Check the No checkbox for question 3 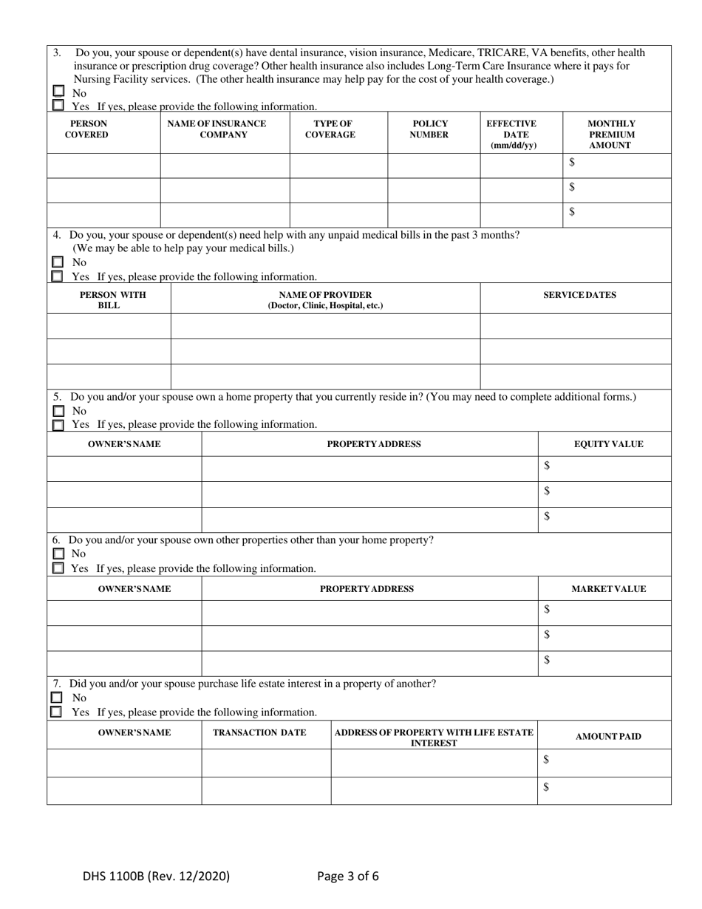58,92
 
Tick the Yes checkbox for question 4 57,276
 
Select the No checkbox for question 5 58,411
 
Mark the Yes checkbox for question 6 58,568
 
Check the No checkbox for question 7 56,698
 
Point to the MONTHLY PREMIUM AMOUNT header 611,135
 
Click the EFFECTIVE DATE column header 510,135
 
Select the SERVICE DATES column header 579,295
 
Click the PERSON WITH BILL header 109,300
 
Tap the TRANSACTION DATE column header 254,732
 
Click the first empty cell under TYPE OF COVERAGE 338,165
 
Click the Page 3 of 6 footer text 348,876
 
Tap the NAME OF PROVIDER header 325,300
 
